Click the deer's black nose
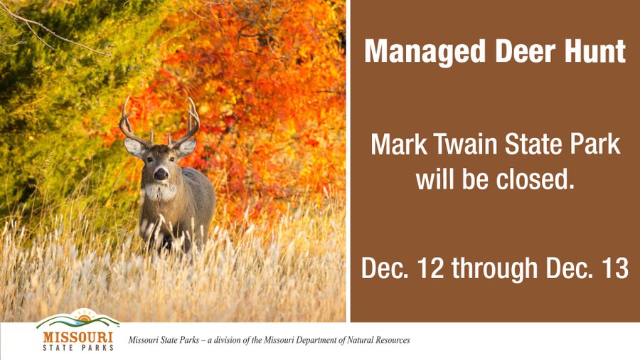click(161, 174)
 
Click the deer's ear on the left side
click(134, 147)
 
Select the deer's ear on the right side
click(186, 147)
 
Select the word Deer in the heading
click(526, 51)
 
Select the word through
click(494, 268)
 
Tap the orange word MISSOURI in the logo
click(78, 337)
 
